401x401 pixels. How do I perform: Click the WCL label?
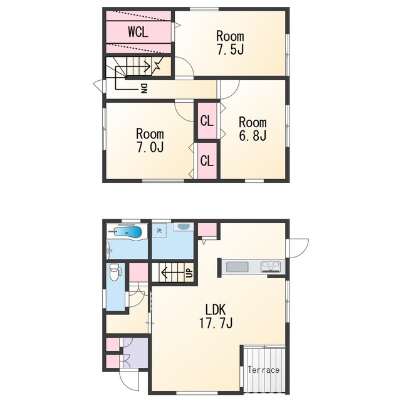pyautogui.click(x=138, y=32)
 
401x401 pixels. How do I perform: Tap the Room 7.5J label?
pyautogui.click(x=230, y=43)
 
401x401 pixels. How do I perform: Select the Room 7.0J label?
pyautogui.click(x=150, y=140)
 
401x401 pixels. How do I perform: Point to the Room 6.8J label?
pyautogui.click(x=253, y=129)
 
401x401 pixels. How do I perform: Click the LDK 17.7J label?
pyautogui.click(x=216, y=316)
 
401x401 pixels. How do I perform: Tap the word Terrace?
pyautogui.click(x=263, y=370)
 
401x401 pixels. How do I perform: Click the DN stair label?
pyautogui.click(x=144, y=88)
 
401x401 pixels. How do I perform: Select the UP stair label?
pyautogui.click(x=190, y=273)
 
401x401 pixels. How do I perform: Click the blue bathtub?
pyautogui.click(x=128, y=232)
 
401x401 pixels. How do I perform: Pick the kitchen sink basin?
pyautogui.click(x=237, y=267)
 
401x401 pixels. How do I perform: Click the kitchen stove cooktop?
pyautogui.click(x=271, y=266)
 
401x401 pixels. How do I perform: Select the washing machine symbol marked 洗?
pyautogui.click(x=159, y=231)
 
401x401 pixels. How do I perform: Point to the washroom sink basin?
pyautogui.click(x=184, y=227)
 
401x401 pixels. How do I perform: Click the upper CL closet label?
pyautogui.click(x=207, y=121)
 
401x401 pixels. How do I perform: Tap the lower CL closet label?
pyautogui.click(x=207, y=160)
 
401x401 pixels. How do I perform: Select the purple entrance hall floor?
pyautogui.click(x=135, y=353)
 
